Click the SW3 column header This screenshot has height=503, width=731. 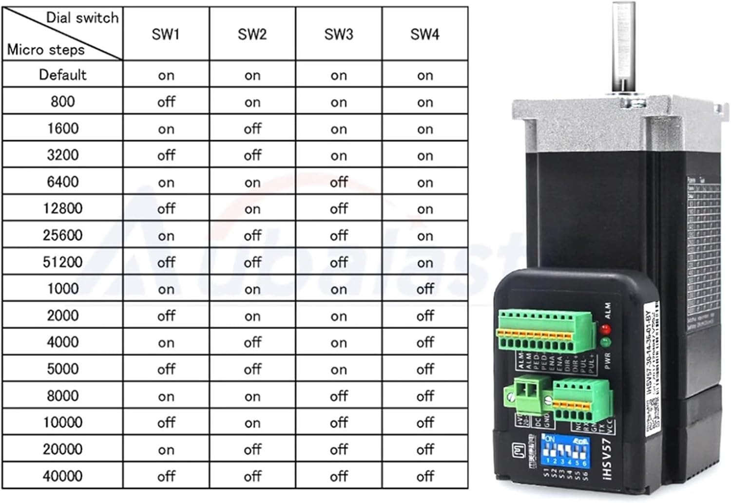(338, 34)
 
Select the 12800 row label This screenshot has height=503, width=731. (62, 208)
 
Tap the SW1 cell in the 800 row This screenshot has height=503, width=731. (166, 102)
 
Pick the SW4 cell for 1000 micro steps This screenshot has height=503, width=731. (425, 289)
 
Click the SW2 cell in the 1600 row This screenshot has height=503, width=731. (252, 129)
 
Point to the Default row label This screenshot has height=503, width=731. (62, 75)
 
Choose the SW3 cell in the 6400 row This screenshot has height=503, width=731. (338, 182)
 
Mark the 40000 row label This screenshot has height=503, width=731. (62, 476)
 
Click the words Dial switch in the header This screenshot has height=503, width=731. (82, 18)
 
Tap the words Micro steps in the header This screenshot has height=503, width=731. (46, 50)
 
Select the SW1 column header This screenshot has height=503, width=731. (166, 34)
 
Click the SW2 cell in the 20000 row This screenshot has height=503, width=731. (252, 449)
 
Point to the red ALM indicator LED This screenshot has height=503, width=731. (606, 330)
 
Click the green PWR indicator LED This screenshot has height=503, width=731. (606, 343)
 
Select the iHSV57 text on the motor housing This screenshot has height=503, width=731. (607, 458)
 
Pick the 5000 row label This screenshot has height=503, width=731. (62, 369)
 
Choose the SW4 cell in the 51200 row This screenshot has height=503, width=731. (425, 262)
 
